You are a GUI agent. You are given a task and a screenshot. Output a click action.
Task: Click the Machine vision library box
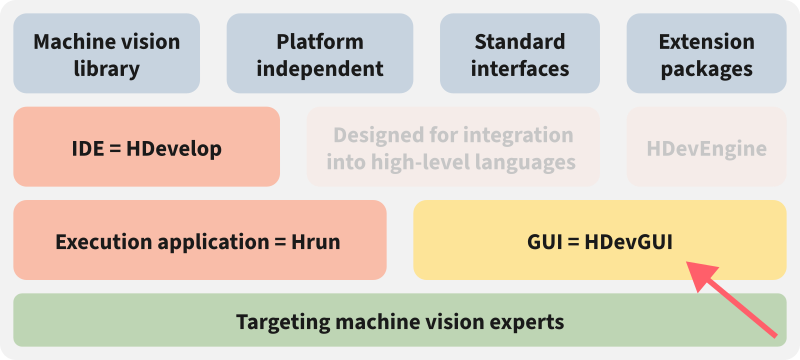coord(106,55)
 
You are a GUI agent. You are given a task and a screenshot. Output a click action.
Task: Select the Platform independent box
coord(320,55)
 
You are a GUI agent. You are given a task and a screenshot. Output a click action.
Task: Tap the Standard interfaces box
coord(520,55)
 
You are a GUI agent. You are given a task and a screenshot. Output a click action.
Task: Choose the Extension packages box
coord(706,55)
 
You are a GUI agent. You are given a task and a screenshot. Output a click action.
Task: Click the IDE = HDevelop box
coord(146,148)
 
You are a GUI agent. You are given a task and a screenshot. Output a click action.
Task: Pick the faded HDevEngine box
coord(706,148)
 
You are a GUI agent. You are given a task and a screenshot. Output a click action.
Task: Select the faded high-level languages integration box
coord(453,148)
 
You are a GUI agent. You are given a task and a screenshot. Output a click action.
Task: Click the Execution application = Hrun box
coord(199,241)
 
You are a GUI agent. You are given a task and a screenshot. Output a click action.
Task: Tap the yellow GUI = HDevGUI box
coord(599,241)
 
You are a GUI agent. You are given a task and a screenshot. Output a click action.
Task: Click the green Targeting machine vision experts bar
coord(400,321)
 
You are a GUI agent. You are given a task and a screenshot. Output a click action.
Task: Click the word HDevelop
coord(175,149)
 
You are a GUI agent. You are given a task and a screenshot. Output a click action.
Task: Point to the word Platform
coord(320,42)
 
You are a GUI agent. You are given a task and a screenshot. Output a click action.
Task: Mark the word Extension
coord(706,42)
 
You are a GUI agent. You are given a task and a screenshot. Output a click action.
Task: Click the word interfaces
coord(520,69)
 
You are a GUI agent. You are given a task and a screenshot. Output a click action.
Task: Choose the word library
coord(106,69)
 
